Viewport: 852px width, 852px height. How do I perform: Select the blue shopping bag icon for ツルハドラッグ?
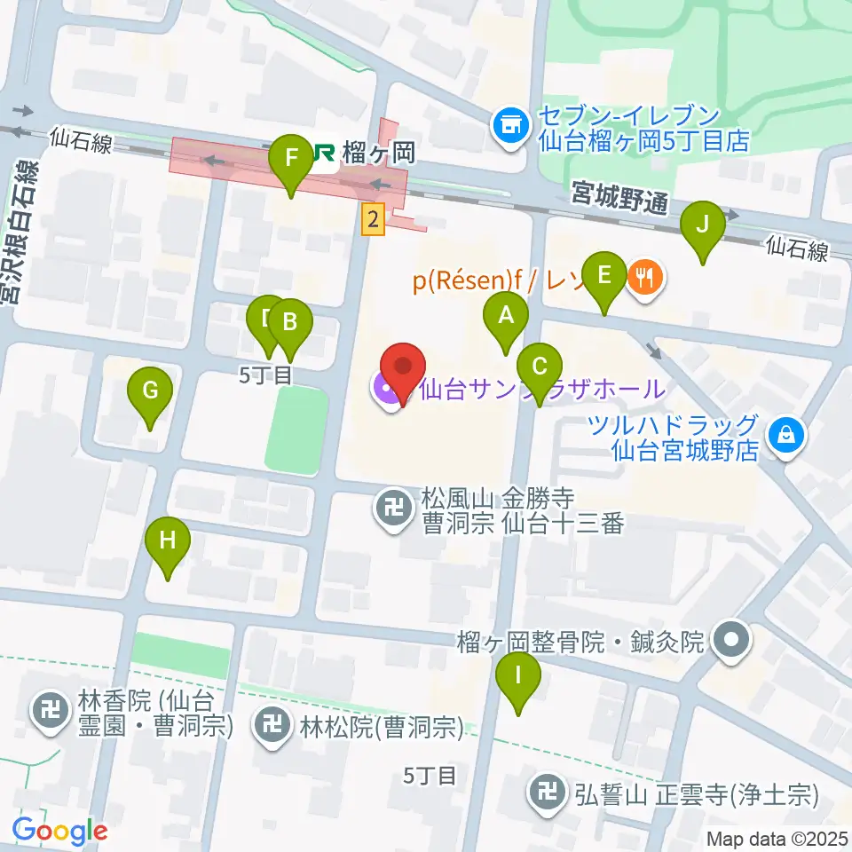(785, 435)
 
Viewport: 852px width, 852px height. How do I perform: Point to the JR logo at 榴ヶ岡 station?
(321, 154)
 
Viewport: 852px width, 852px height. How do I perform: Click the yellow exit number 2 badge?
(373, 219)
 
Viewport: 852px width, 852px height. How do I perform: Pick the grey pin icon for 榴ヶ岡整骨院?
(731, 639)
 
